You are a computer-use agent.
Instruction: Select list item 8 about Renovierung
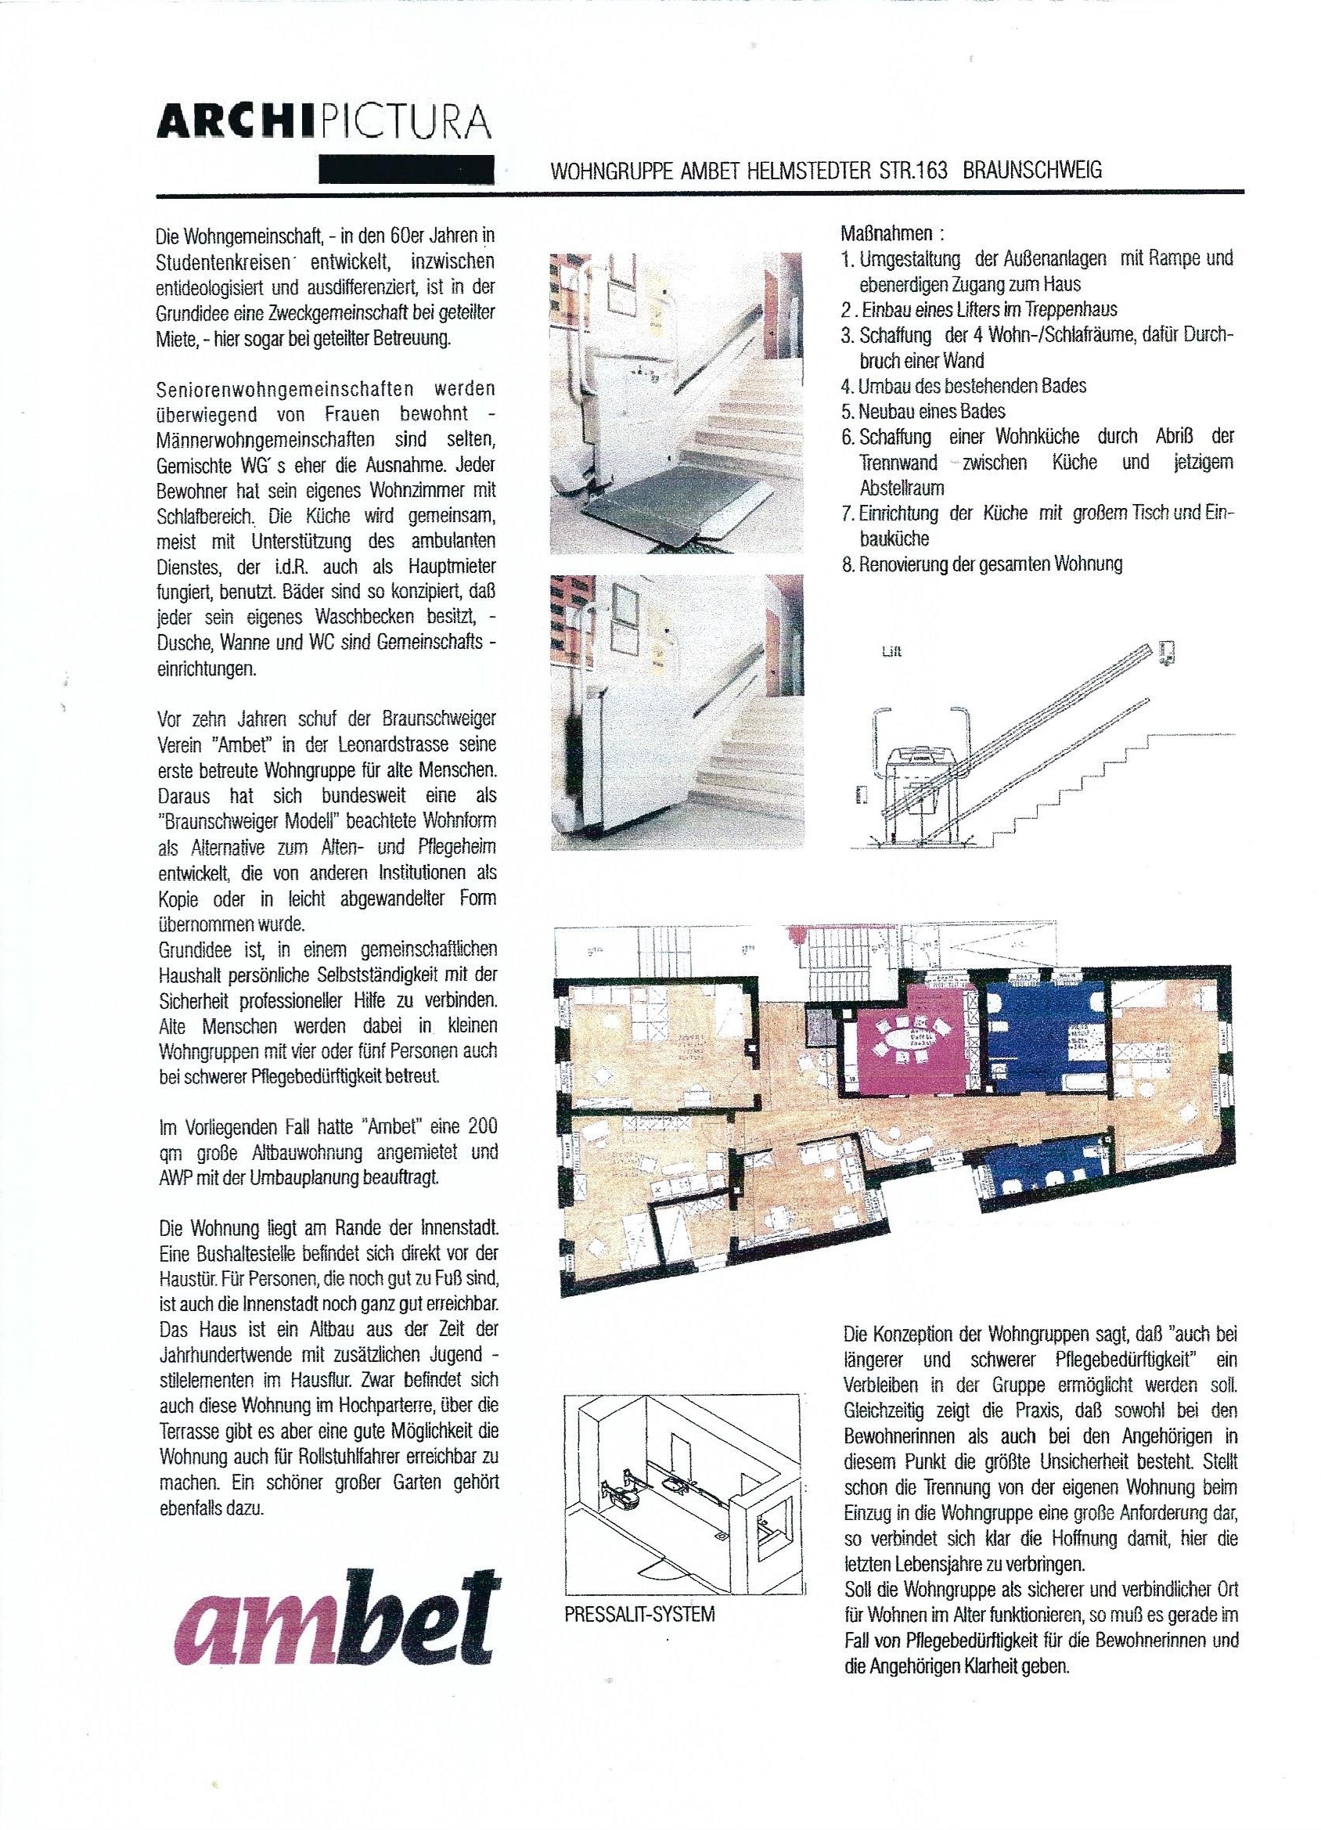[x=981, y=564]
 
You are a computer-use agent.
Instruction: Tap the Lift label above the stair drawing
[x=891, y=652]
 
